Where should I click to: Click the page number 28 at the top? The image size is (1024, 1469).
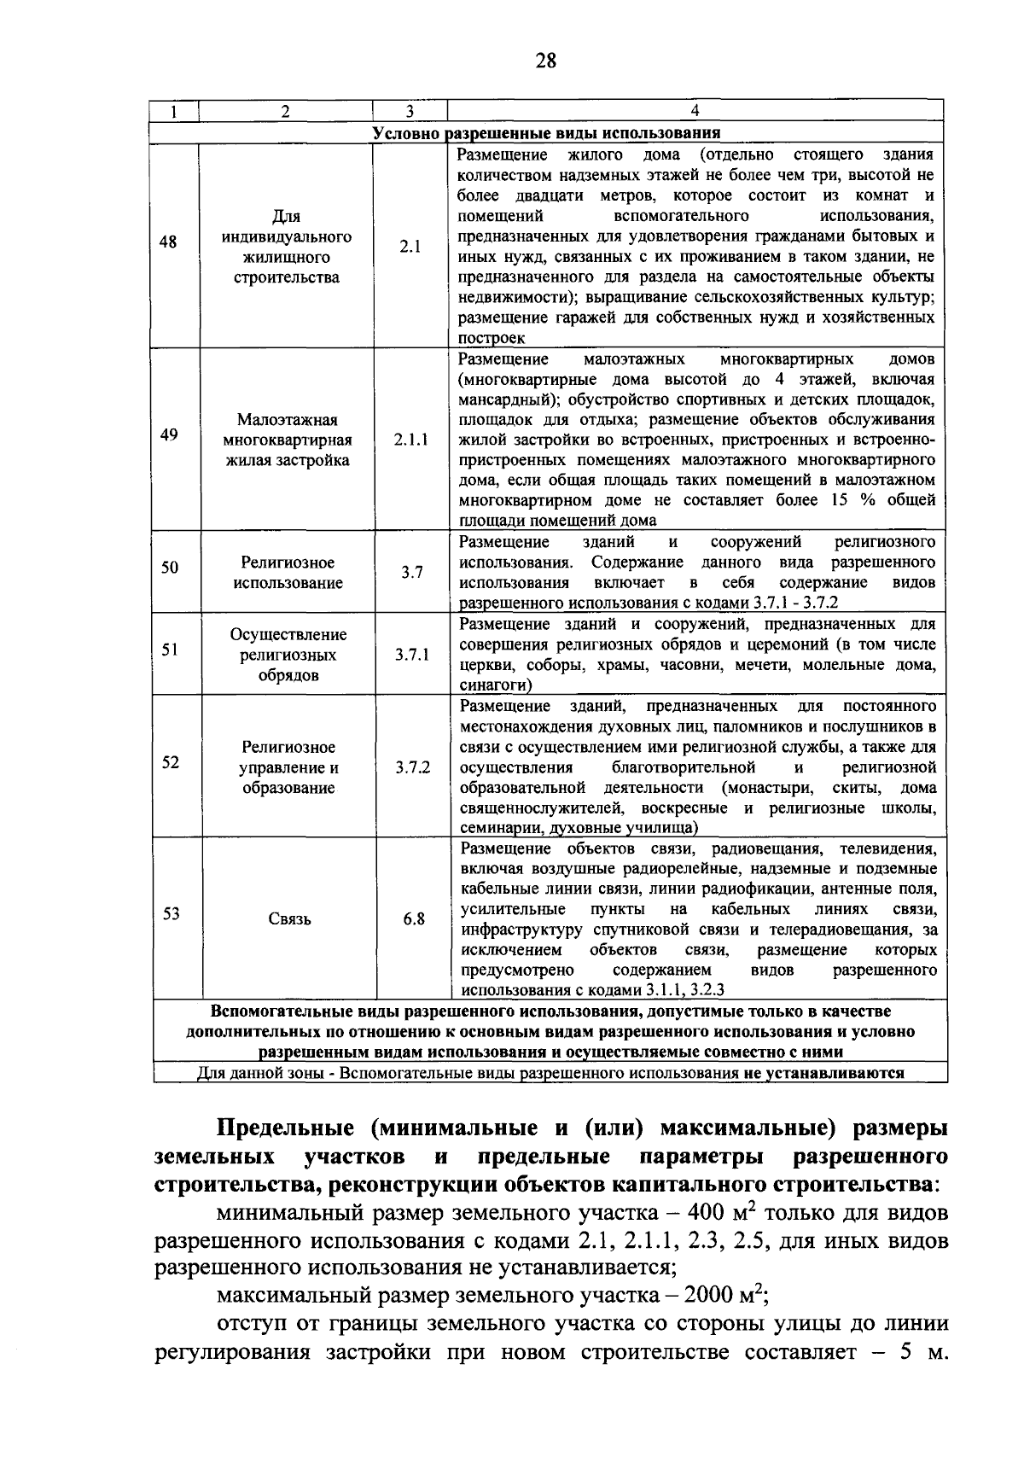pos(546,60)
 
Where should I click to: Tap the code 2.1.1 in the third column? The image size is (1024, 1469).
pos(411,440)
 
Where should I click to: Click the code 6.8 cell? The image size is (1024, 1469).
pos(414,919)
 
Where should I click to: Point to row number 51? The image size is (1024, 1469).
pos(171,650)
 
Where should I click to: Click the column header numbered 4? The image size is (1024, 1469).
pos(695,110)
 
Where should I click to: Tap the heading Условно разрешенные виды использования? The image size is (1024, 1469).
pos(547,133)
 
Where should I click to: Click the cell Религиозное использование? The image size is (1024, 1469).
pos(288,573)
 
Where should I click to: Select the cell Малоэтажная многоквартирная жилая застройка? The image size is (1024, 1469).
pos(288,440)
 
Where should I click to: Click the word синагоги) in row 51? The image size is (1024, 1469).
pos(496,685)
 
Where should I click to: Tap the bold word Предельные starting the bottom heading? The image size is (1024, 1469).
pos(285,1128)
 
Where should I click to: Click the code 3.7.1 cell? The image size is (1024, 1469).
pos(412,656)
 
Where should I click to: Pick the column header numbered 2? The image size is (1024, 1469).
pos(286,110)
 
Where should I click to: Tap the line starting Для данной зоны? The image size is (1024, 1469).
pos(550,1073)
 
